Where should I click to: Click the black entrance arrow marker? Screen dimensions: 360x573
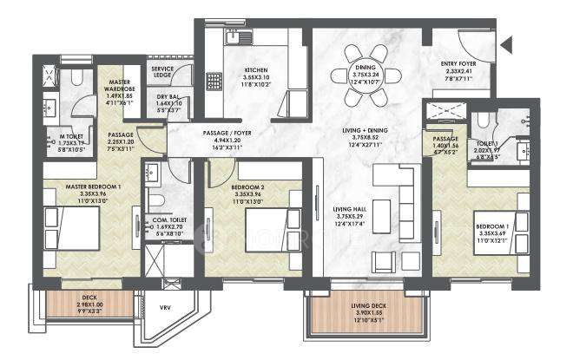coord(506,43)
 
